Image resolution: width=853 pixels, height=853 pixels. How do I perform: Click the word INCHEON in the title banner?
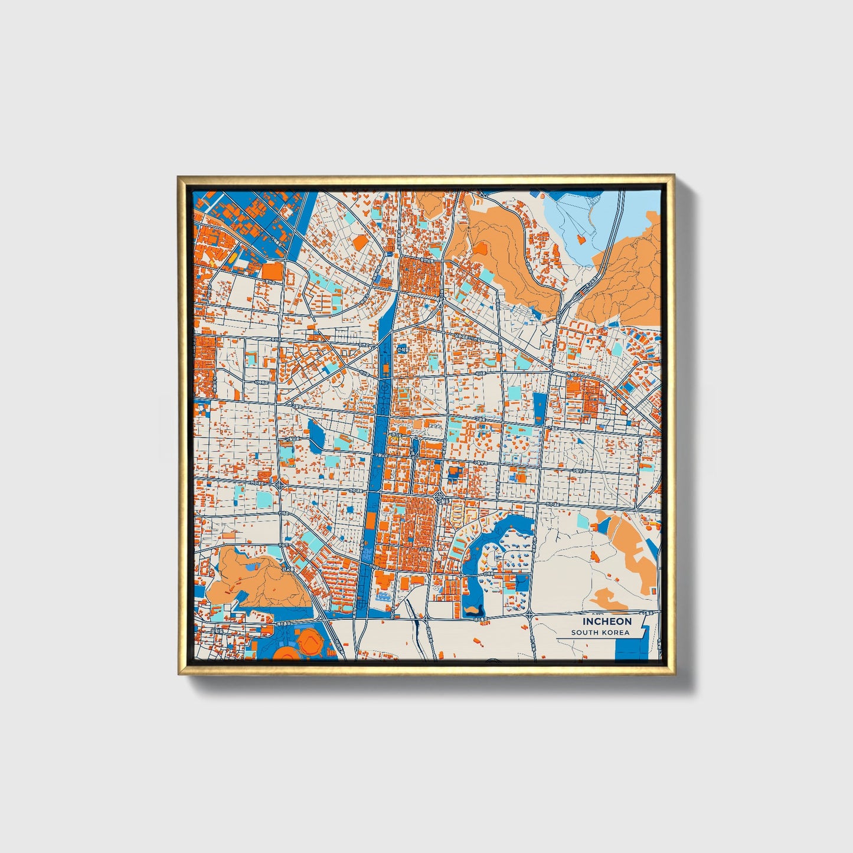607,622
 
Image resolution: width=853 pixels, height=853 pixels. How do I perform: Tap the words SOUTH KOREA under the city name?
600,633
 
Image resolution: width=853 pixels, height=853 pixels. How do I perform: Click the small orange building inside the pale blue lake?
580,238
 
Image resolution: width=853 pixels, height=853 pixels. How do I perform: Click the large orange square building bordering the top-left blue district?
272,271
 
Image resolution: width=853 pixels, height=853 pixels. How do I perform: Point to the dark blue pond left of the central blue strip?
315,436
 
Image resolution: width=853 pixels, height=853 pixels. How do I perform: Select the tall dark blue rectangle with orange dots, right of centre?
540,408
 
